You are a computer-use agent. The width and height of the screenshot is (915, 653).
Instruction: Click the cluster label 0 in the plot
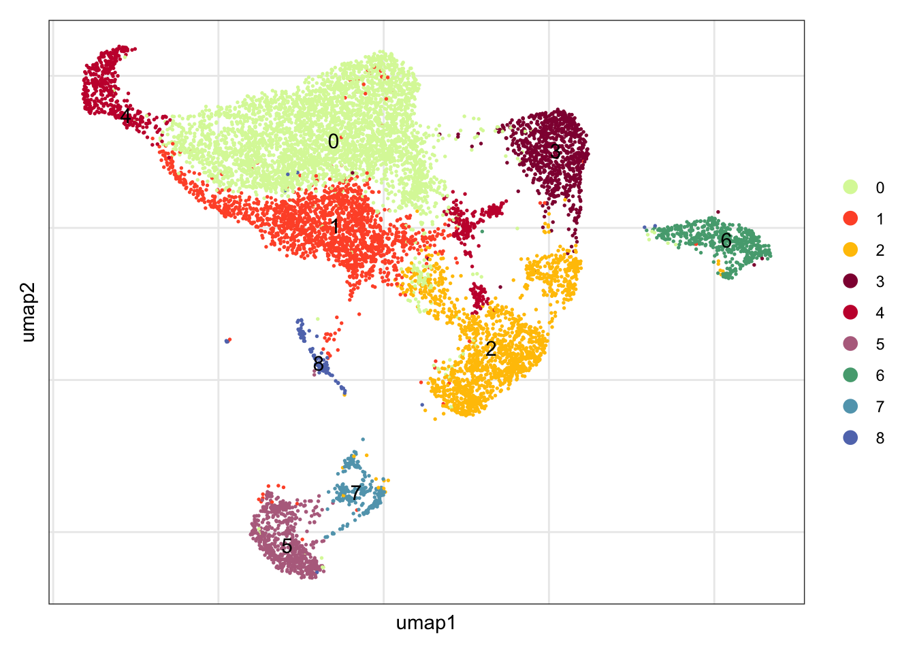coord(333,141)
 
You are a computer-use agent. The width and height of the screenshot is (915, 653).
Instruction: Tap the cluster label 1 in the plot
coord(334,226)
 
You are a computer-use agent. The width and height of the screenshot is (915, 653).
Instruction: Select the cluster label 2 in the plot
coord(491,349)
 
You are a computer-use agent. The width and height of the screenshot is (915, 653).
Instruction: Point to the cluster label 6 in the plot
coord(726,241)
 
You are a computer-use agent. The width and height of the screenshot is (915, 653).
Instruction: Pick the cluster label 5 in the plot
coord(287,546)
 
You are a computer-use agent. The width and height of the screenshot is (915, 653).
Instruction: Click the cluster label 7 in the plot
coord(355,492)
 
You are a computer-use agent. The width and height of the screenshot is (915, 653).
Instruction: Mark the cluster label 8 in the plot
coord(318,365)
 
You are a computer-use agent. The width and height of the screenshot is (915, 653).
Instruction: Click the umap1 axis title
coord(426,623)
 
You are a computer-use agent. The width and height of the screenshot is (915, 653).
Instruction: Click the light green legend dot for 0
coord(850,187)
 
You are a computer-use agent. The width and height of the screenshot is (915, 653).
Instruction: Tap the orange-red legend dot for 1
coord(850,218)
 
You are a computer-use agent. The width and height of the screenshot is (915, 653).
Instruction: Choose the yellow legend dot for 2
coord(850,250)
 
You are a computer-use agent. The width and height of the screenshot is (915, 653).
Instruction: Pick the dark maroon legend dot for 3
coord(850,281)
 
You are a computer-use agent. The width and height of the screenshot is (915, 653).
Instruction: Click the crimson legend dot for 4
coord(850,312)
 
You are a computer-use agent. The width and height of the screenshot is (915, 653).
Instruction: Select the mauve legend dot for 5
coord(850,344)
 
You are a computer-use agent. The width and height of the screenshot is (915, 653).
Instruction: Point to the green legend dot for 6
coord(850,375)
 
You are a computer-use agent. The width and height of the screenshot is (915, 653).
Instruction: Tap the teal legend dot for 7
coord(850,406)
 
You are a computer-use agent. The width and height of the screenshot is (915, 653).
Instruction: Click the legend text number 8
coord(880,438)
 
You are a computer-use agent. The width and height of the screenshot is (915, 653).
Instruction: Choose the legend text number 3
coord(880,282)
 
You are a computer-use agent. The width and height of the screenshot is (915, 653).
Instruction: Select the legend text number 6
coord(880,375)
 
